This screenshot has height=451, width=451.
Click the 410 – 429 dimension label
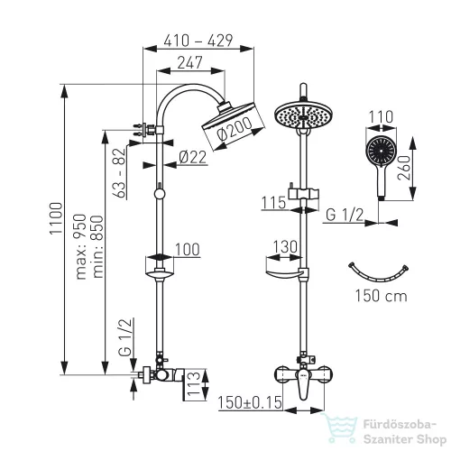[198, 41]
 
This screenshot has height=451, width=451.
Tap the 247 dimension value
[190, 62]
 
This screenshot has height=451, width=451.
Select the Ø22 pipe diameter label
[193, 157]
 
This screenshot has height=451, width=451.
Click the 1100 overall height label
[56, 218]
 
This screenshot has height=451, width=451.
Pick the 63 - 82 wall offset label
[119, 172]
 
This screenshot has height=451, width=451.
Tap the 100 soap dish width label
[187, 250]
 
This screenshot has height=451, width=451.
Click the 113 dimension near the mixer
[193, 384]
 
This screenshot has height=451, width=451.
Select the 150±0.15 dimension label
[250, 402]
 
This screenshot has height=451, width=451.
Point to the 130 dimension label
[285, 247]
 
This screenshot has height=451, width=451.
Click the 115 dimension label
[273, 203]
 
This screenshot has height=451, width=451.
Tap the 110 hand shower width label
[381, 116]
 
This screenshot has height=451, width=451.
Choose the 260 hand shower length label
[404, 168]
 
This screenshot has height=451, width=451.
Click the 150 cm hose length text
[382, 296]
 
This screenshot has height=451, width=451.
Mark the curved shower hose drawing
[378, 275]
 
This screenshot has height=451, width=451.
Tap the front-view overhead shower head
[304, 116]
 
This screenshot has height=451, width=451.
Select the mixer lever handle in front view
[303, 384]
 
